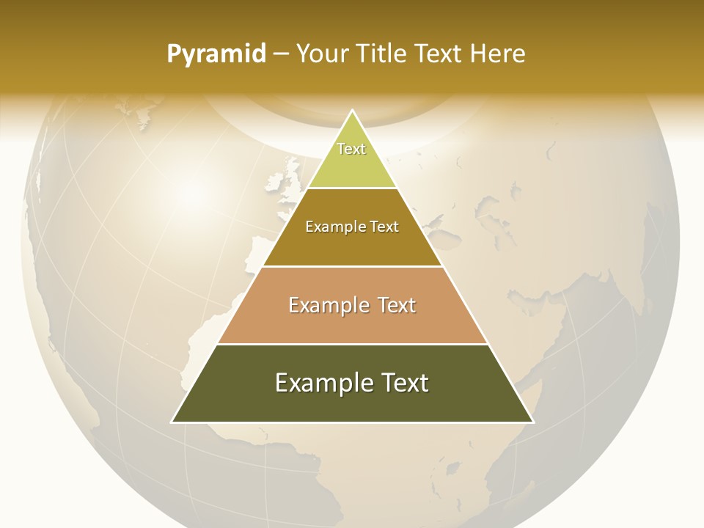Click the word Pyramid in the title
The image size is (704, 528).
216,54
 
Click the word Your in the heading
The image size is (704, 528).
323,54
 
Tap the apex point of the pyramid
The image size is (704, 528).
352,111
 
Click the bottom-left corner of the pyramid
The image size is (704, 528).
173,422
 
